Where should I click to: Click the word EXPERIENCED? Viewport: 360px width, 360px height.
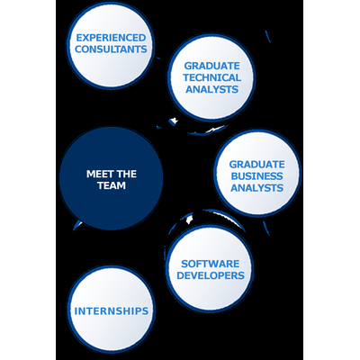(x=111, y=38)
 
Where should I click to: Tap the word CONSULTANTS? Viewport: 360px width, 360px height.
(x=111, y=49)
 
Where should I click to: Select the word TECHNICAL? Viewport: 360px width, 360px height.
(x=212, y=77)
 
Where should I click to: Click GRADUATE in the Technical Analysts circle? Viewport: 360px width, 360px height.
(x=212, y=66)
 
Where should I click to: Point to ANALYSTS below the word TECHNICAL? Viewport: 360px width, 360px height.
(x=212, y=89)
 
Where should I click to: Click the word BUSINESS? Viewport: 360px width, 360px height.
(x=257, y=176)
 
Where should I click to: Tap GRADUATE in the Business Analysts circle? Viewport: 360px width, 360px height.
(x=257, y=165)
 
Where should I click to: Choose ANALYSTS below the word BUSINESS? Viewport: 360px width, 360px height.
(x=257, y=188)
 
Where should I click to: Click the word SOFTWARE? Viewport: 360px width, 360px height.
(x=211, y=264)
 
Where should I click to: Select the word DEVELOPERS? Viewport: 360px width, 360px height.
(x=211, y=275)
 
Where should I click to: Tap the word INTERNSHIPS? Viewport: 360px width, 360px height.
(x=112, y=311)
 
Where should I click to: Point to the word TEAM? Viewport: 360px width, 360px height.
(x=112, y=185)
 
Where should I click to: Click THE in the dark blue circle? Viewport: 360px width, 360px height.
(x=127, y=174)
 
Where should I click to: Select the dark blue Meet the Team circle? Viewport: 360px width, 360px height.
(x=112, y=178)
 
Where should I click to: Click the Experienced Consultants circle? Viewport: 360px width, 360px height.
(x=110, y=46)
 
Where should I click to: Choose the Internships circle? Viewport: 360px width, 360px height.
(x=111, y=310)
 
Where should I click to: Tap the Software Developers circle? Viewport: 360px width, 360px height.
(x=210, y=268)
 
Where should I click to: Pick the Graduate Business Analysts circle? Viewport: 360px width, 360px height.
(x=257, y=173)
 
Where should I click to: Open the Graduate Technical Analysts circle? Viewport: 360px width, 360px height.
(x=211, y=77)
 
